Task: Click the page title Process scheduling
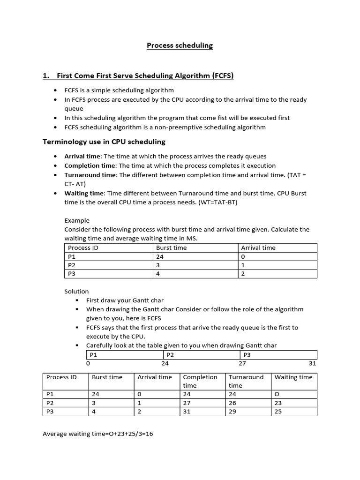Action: tap(180, 45)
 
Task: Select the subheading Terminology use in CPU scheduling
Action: tap(104, 142)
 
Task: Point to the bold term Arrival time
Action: tap(82, 156)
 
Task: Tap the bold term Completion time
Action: tap(90, 165)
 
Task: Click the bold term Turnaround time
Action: tap(90, 175)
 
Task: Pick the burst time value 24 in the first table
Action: tap(160, 257)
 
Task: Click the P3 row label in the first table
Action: tap(72, 274)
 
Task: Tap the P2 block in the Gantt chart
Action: tap(170, 355)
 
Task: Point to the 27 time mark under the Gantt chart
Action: tap(242, 363)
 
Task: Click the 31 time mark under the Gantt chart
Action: tap(312, 363)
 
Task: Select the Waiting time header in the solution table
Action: tap(293, 377)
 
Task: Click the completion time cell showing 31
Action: tap(187, 412)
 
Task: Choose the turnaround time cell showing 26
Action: tap(232, 403)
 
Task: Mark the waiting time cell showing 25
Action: tap(278, 412)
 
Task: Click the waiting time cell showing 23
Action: tap(278, 403)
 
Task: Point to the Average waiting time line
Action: tap(98, 434)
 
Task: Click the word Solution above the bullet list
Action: tap(76, 292)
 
